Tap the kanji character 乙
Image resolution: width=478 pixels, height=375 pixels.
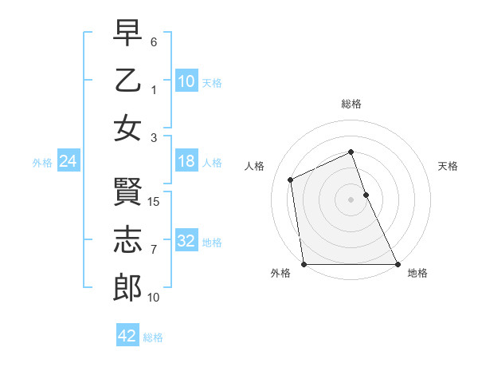[x=127, y=81]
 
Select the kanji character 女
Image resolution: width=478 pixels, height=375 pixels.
[x=127, y=128]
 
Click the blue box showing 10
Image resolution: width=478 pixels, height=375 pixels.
[x=186, y=81]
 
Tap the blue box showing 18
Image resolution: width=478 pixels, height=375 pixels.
[x=186, y=161]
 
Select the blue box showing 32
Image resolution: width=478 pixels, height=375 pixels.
[x=186, y=241]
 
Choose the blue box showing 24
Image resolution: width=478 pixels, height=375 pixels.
[x=69, y=161]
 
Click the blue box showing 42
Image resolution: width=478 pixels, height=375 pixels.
[x=127, y=336]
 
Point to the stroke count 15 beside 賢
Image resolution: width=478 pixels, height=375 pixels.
[x=155, y=202]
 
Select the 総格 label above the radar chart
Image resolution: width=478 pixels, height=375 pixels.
[x=351, y=104]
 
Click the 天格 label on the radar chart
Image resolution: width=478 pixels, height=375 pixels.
[x=449, y=166]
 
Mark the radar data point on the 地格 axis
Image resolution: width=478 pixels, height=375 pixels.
[x=398, y=264]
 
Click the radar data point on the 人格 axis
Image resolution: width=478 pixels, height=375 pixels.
[x=291, y=180]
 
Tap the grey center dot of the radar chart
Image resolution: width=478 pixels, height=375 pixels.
[x=351, y=199]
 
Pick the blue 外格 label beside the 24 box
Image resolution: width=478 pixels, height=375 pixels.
[x=42, y=162]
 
